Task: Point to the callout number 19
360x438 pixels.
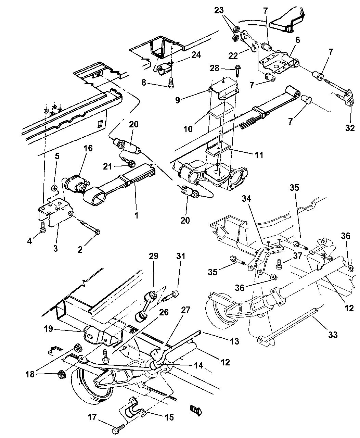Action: [48, 329]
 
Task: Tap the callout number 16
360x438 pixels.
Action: [88, 148]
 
